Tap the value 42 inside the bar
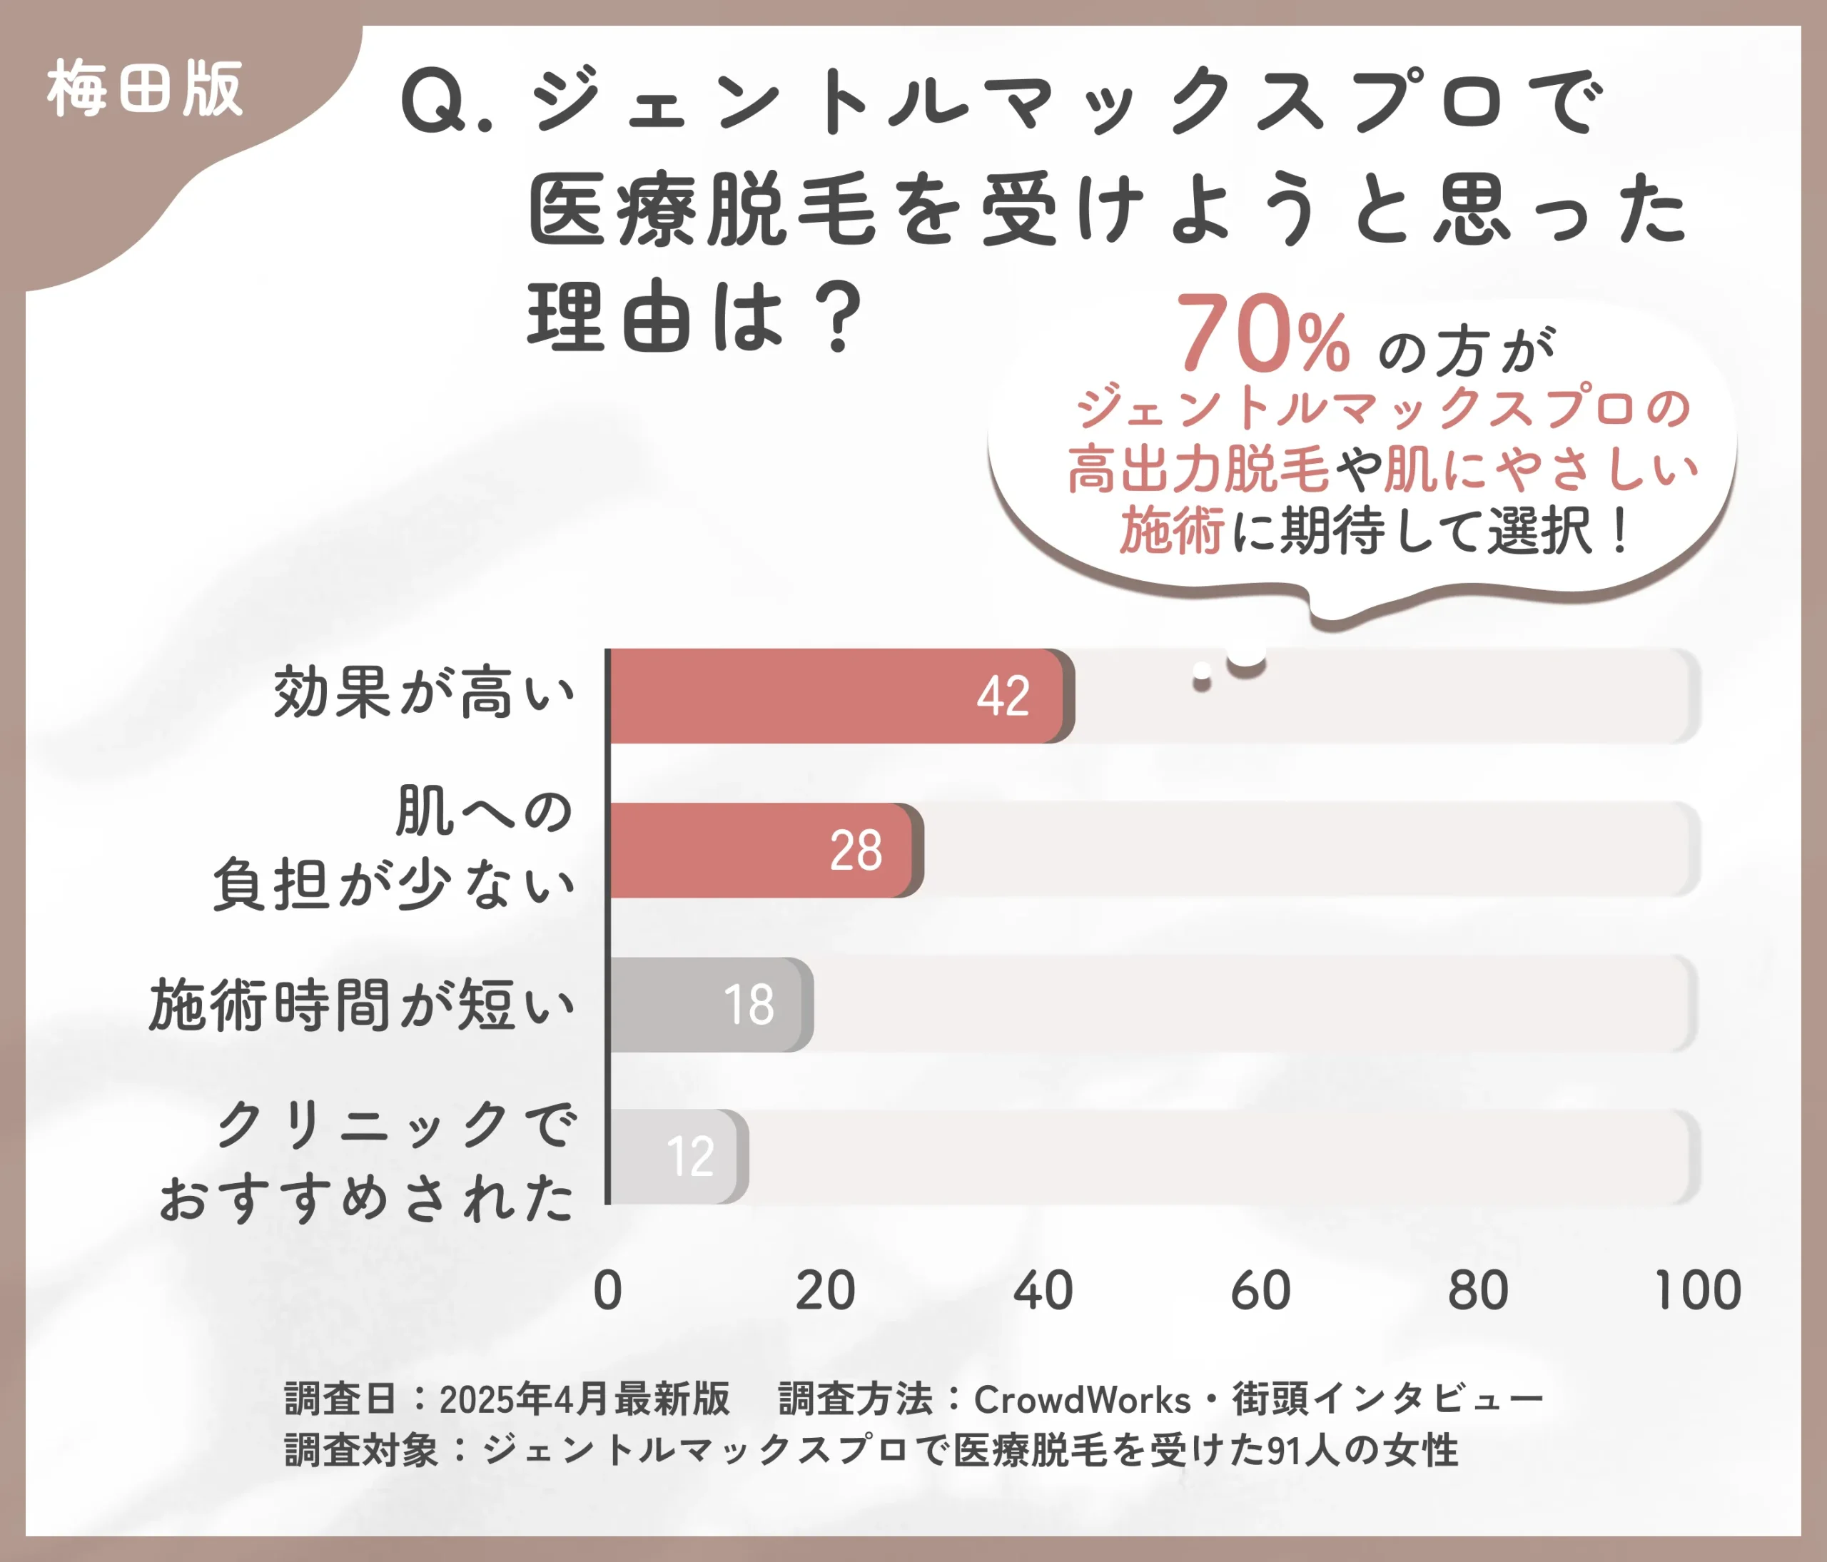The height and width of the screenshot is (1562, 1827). pyautogui.click(x=1003, y=696)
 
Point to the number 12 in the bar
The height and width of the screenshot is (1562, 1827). pyautogui.click(x=690, y=1157)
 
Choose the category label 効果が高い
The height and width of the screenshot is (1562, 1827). pyautogui.click(x=424, y=693)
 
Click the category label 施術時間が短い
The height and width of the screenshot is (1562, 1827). pyautogui.click(x=363, y=1005)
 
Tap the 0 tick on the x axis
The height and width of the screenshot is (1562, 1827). pyautogui.click(x=607, y=1291)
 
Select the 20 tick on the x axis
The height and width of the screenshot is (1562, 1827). pyautogui.click(x=825, y=1291)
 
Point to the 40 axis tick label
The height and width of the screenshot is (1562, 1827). pyautogui.click(x=1043, y=1291)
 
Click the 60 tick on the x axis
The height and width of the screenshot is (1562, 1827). pyautogui.click(x=1261, y=1291)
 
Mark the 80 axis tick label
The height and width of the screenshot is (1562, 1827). pyautogui.click(x=1479, y=1291)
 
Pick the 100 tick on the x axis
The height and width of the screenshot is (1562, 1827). pyautogui.click(x=1697, y=1291)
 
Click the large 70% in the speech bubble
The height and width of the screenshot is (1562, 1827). pyautogui.click(x=1262, y=335)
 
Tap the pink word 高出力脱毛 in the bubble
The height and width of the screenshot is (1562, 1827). pyautogui.click(x=1198, y=469)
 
